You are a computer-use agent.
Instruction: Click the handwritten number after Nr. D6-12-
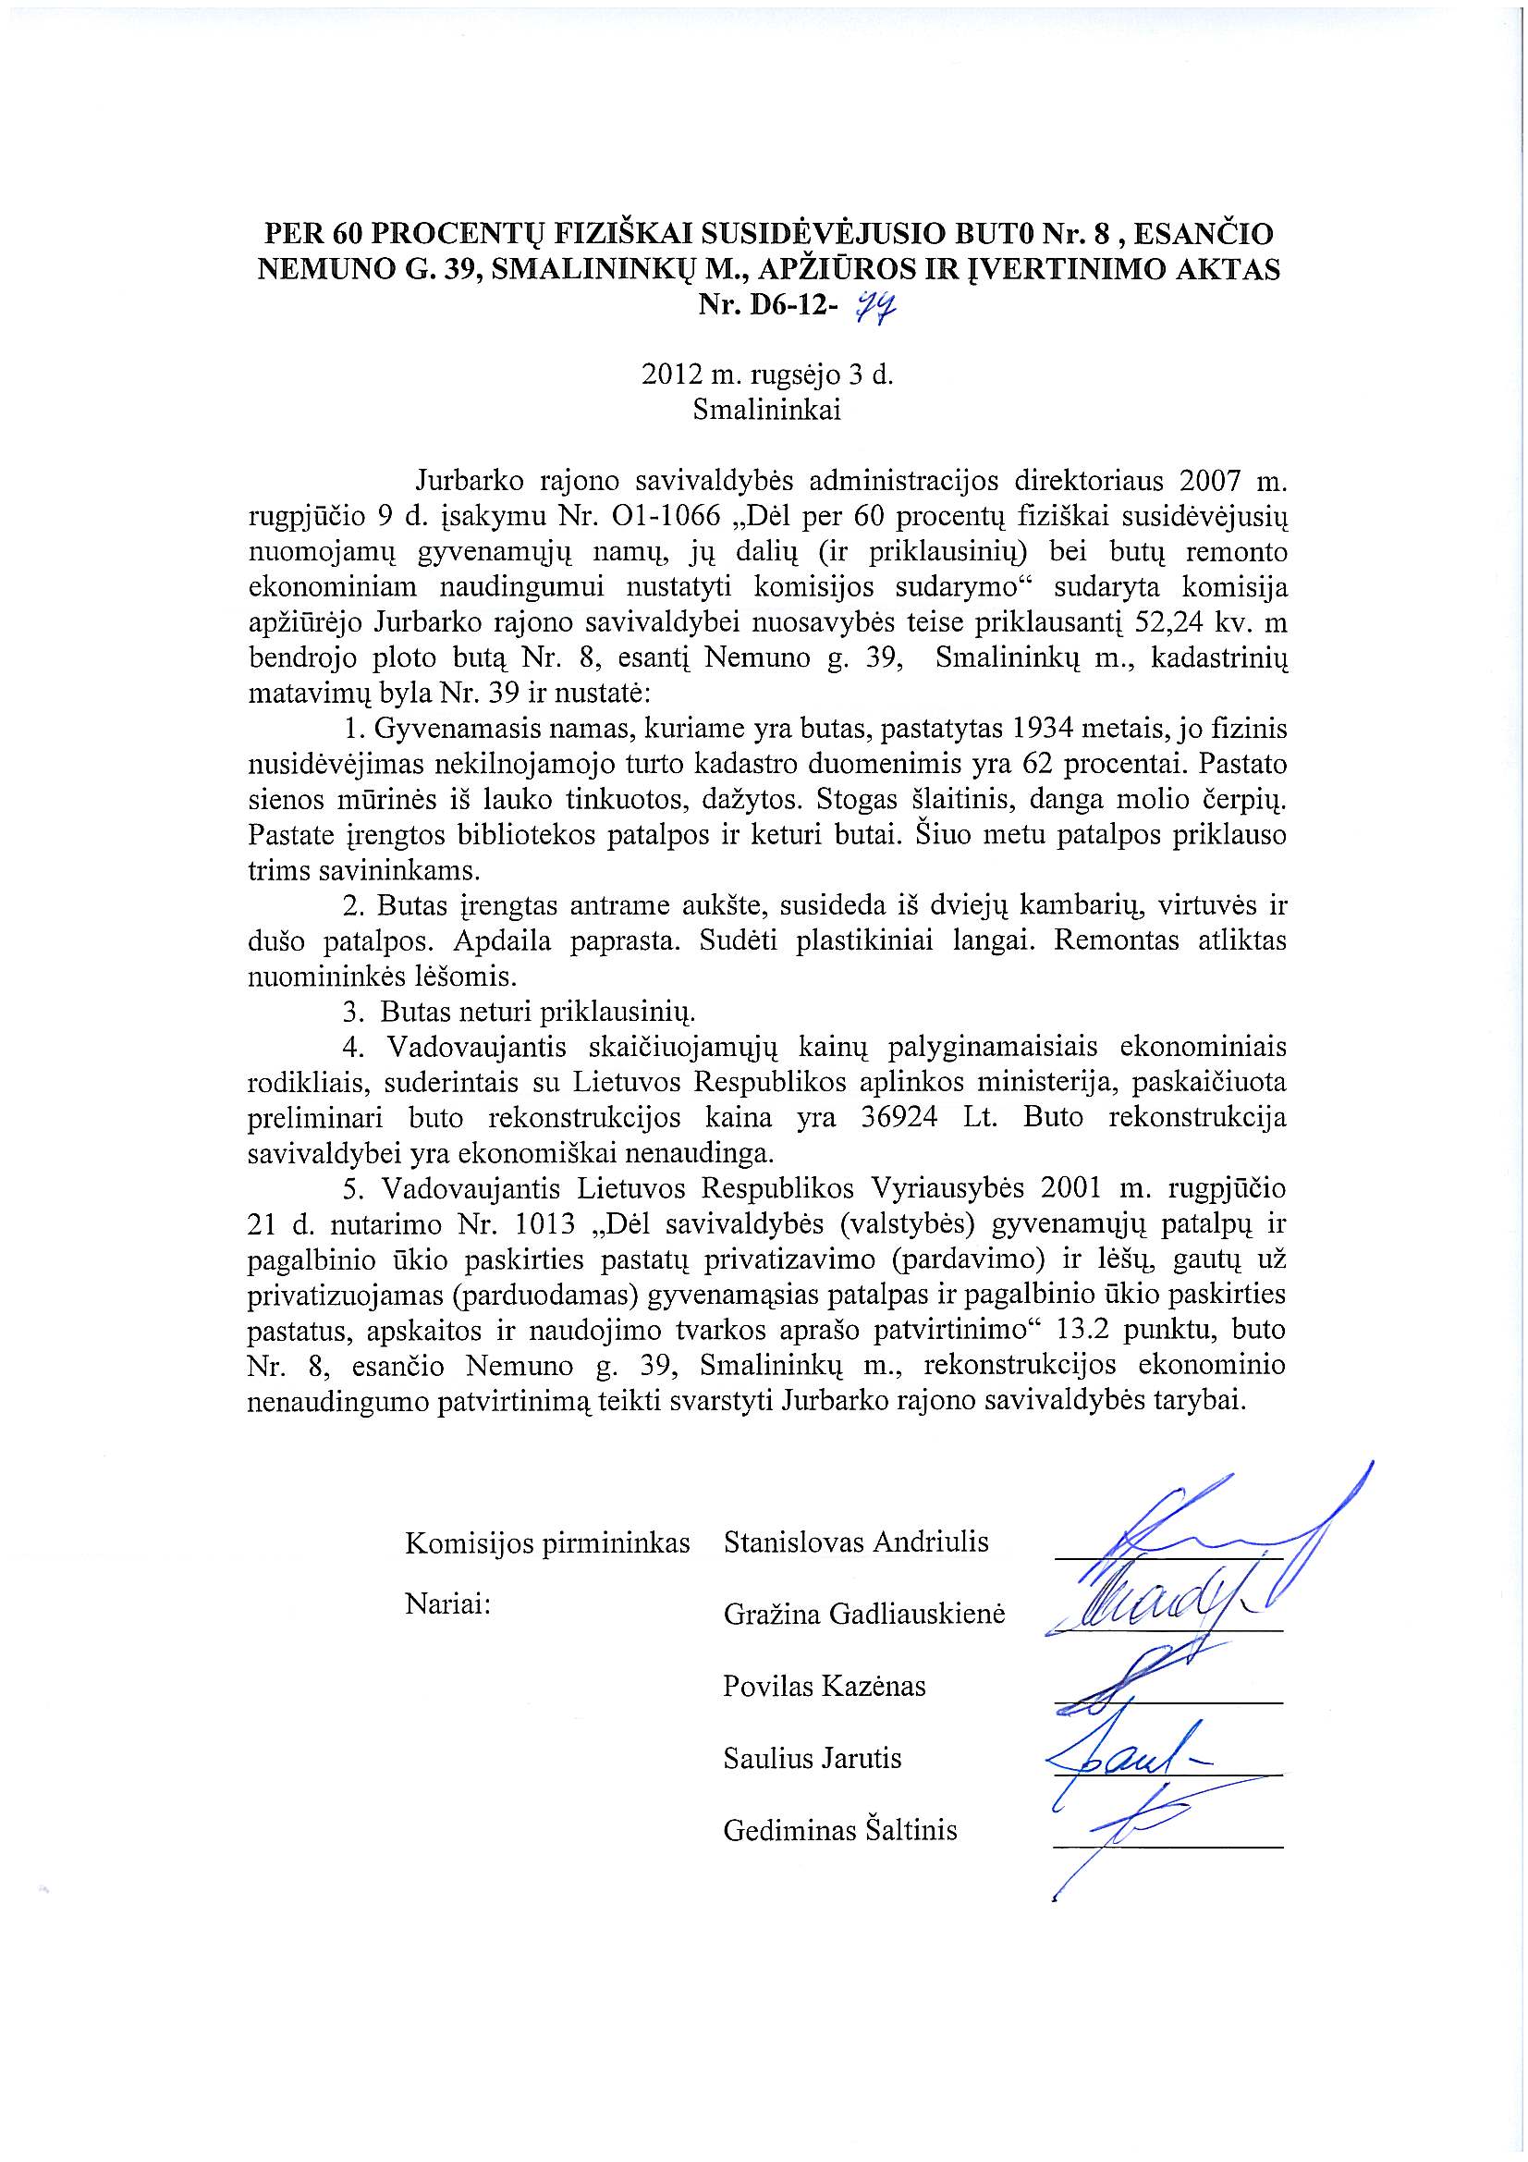874,305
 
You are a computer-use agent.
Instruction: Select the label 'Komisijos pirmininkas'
547,1543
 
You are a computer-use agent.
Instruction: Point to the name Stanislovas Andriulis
856,1542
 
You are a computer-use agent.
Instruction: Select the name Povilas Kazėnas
824,1686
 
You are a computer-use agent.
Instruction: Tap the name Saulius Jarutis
812,1758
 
